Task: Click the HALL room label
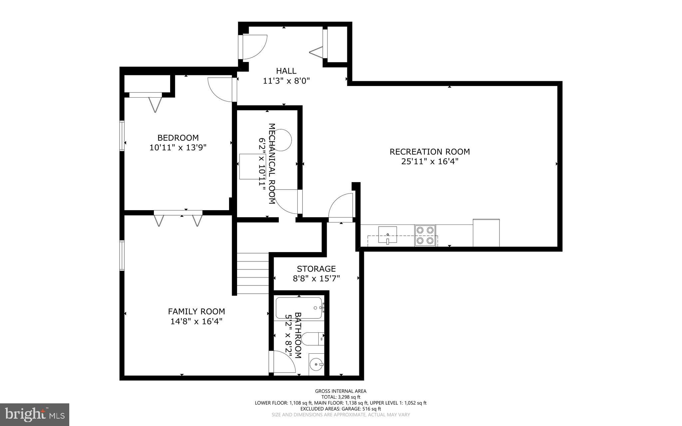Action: (x=286, y=71)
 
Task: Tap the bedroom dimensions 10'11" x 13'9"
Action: (x=178, y=148)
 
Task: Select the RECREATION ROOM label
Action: (x=430, y=152)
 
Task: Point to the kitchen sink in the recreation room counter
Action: (x=388, y=235)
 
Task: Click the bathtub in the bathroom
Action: (x=299, y=308)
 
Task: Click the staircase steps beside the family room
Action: (x=253, y=273)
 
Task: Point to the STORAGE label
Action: (x=316, y=269)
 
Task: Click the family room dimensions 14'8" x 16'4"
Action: (x=196, y=321)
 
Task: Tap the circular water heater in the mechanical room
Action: (x=281, y=140)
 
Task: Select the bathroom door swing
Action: (x=283, y=362)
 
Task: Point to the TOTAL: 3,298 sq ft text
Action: (x=341, y=397)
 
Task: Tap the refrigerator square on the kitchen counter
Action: (x=486, y=232)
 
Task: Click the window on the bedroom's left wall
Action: (x=122, y=136)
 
